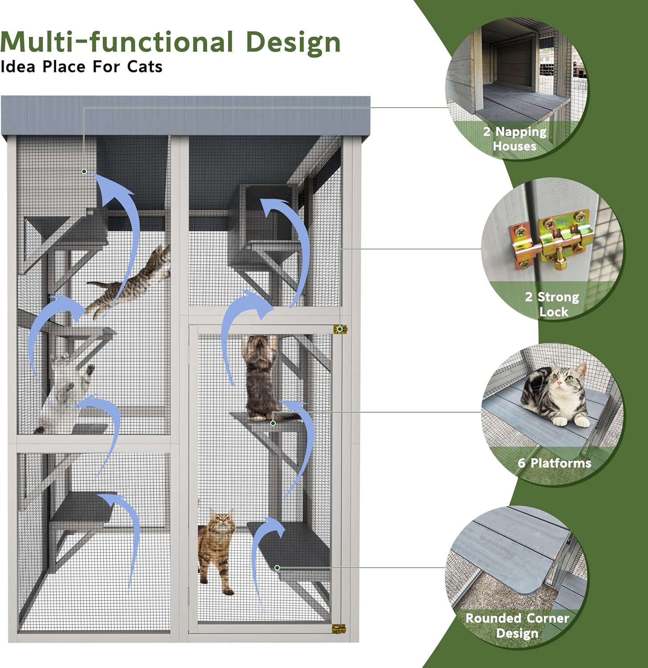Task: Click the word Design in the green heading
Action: pyautogui.click(x=293, y=43)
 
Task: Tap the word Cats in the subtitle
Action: pyautogui.click(x=144, y=67)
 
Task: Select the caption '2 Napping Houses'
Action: pyautogui.click(x=515, y=138)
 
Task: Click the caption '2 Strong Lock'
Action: pyautogui.click(x=552, y=304)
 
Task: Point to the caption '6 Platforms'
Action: pyautogui.click(x=554, y=463)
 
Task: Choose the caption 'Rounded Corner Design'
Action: pyautogui.click(x=517, y=625)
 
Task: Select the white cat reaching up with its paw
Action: pyautogui.click(x=65, y=392)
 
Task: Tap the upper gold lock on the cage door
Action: pyautogui.click(x=340, y=329)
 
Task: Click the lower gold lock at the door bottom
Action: pyautogui.click(x=339, y=629)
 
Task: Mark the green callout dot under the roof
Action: pyautogui.click(x=84, y=171)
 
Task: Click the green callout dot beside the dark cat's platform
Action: pyautogui.click(x=273, y=423)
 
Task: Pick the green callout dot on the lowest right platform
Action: pyautogui.click(x=277, y=568)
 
